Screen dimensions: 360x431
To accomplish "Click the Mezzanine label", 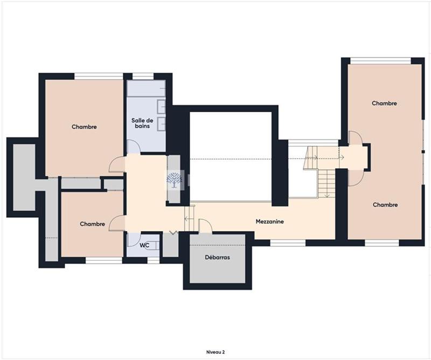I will (269, 221).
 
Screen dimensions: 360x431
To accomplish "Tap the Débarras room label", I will (217, 258).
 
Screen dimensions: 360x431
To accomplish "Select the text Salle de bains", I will (143, 123).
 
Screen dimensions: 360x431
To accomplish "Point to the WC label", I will (144, 245).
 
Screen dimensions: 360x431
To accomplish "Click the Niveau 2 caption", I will (215, 352).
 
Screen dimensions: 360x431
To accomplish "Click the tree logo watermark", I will (174, 181).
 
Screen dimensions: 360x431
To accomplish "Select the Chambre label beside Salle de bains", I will (84, 127).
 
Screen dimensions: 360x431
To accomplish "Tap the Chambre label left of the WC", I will (92, 224).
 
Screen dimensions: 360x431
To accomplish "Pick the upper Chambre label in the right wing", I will (384, 103).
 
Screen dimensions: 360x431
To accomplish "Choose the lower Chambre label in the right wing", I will (385, 205).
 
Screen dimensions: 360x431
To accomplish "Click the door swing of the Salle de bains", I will (133, 146).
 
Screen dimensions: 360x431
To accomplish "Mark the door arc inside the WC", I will (133, 239).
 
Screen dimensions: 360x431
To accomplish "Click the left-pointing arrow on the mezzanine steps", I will (186, 218).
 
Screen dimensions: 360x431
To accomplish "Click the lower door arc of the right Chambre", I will (356, 177).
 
